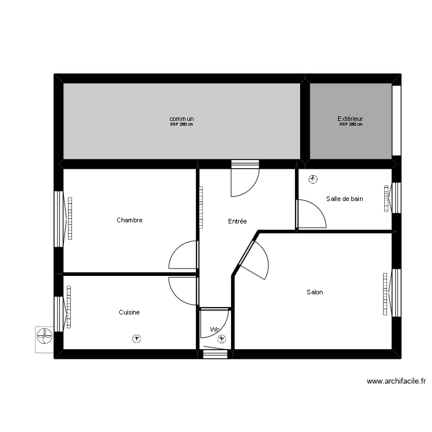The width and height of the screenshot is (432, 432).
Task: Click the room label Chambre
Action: coord(129,220)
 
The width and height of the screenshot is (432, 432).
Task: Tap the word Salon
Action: coord(314,292)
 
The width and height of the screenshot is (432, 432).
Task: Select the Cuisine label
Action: coord(129,312)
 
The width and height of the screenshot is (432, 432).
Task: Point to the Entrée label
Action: coord(237,221)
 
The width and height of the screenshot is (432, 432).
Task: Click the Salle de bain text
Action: coord(344,199)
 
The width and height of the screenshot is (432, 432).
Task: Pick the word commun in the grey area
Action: coord(181,119)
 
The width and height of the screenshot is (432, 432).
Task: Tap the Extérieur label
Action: coord(350,119)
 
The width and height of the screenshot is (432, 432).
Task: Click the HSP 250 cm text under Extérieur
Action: coord(350,124)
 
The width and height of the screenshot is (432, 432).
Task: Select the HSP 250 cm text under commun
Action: coord(181,124)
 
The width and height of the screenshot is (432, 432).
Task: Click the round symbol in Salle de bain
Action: coord(312,179)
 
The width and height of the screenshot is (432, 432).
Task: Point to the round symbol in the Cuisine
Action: coord(137,339)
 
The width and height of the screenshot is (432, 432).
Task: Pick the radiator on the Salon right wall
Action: coord(385,294)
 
